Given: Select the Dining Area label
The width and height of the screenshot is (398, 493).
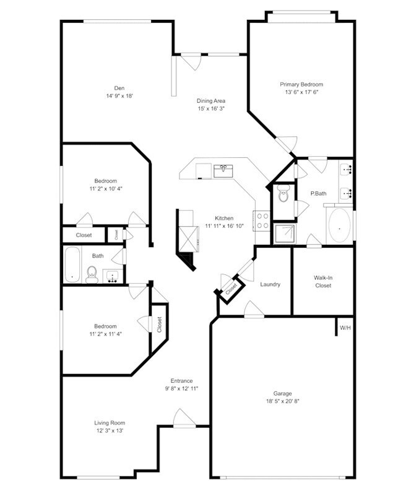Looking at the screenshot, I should (210, 101).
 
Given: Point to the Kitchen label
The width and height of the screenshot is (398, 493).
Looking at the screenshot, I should (224, 218).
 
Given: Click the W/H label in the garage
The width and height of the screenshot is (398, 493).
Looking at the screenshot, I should (345, 327).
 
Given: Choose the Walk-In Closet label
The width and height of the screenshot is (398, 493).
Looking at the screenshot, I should (323, 282).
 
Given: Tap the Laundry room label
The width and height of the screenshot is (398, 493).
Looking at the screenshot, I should (270, 285).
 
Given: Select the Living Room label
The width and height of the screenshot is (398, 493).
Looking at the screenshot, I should (109, 423).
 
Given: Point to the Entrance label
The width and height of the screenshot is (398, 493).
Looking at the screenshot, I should (182, 380).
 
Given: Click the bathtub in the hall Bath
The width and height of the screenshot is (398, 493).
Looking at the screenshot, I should (72, 264).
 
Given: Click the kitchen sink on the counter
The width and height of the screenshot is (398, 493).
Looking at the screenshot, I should (222, 170).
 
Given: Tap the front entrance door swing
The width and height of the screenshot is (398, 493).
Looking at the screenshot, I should (183, 417).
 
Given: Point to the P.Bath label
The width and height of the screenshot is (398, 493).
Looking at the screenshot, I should (318, 194).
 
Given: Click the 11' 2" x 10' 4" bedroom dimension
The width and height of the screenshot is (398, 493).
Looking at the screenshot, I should (105, 188).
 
